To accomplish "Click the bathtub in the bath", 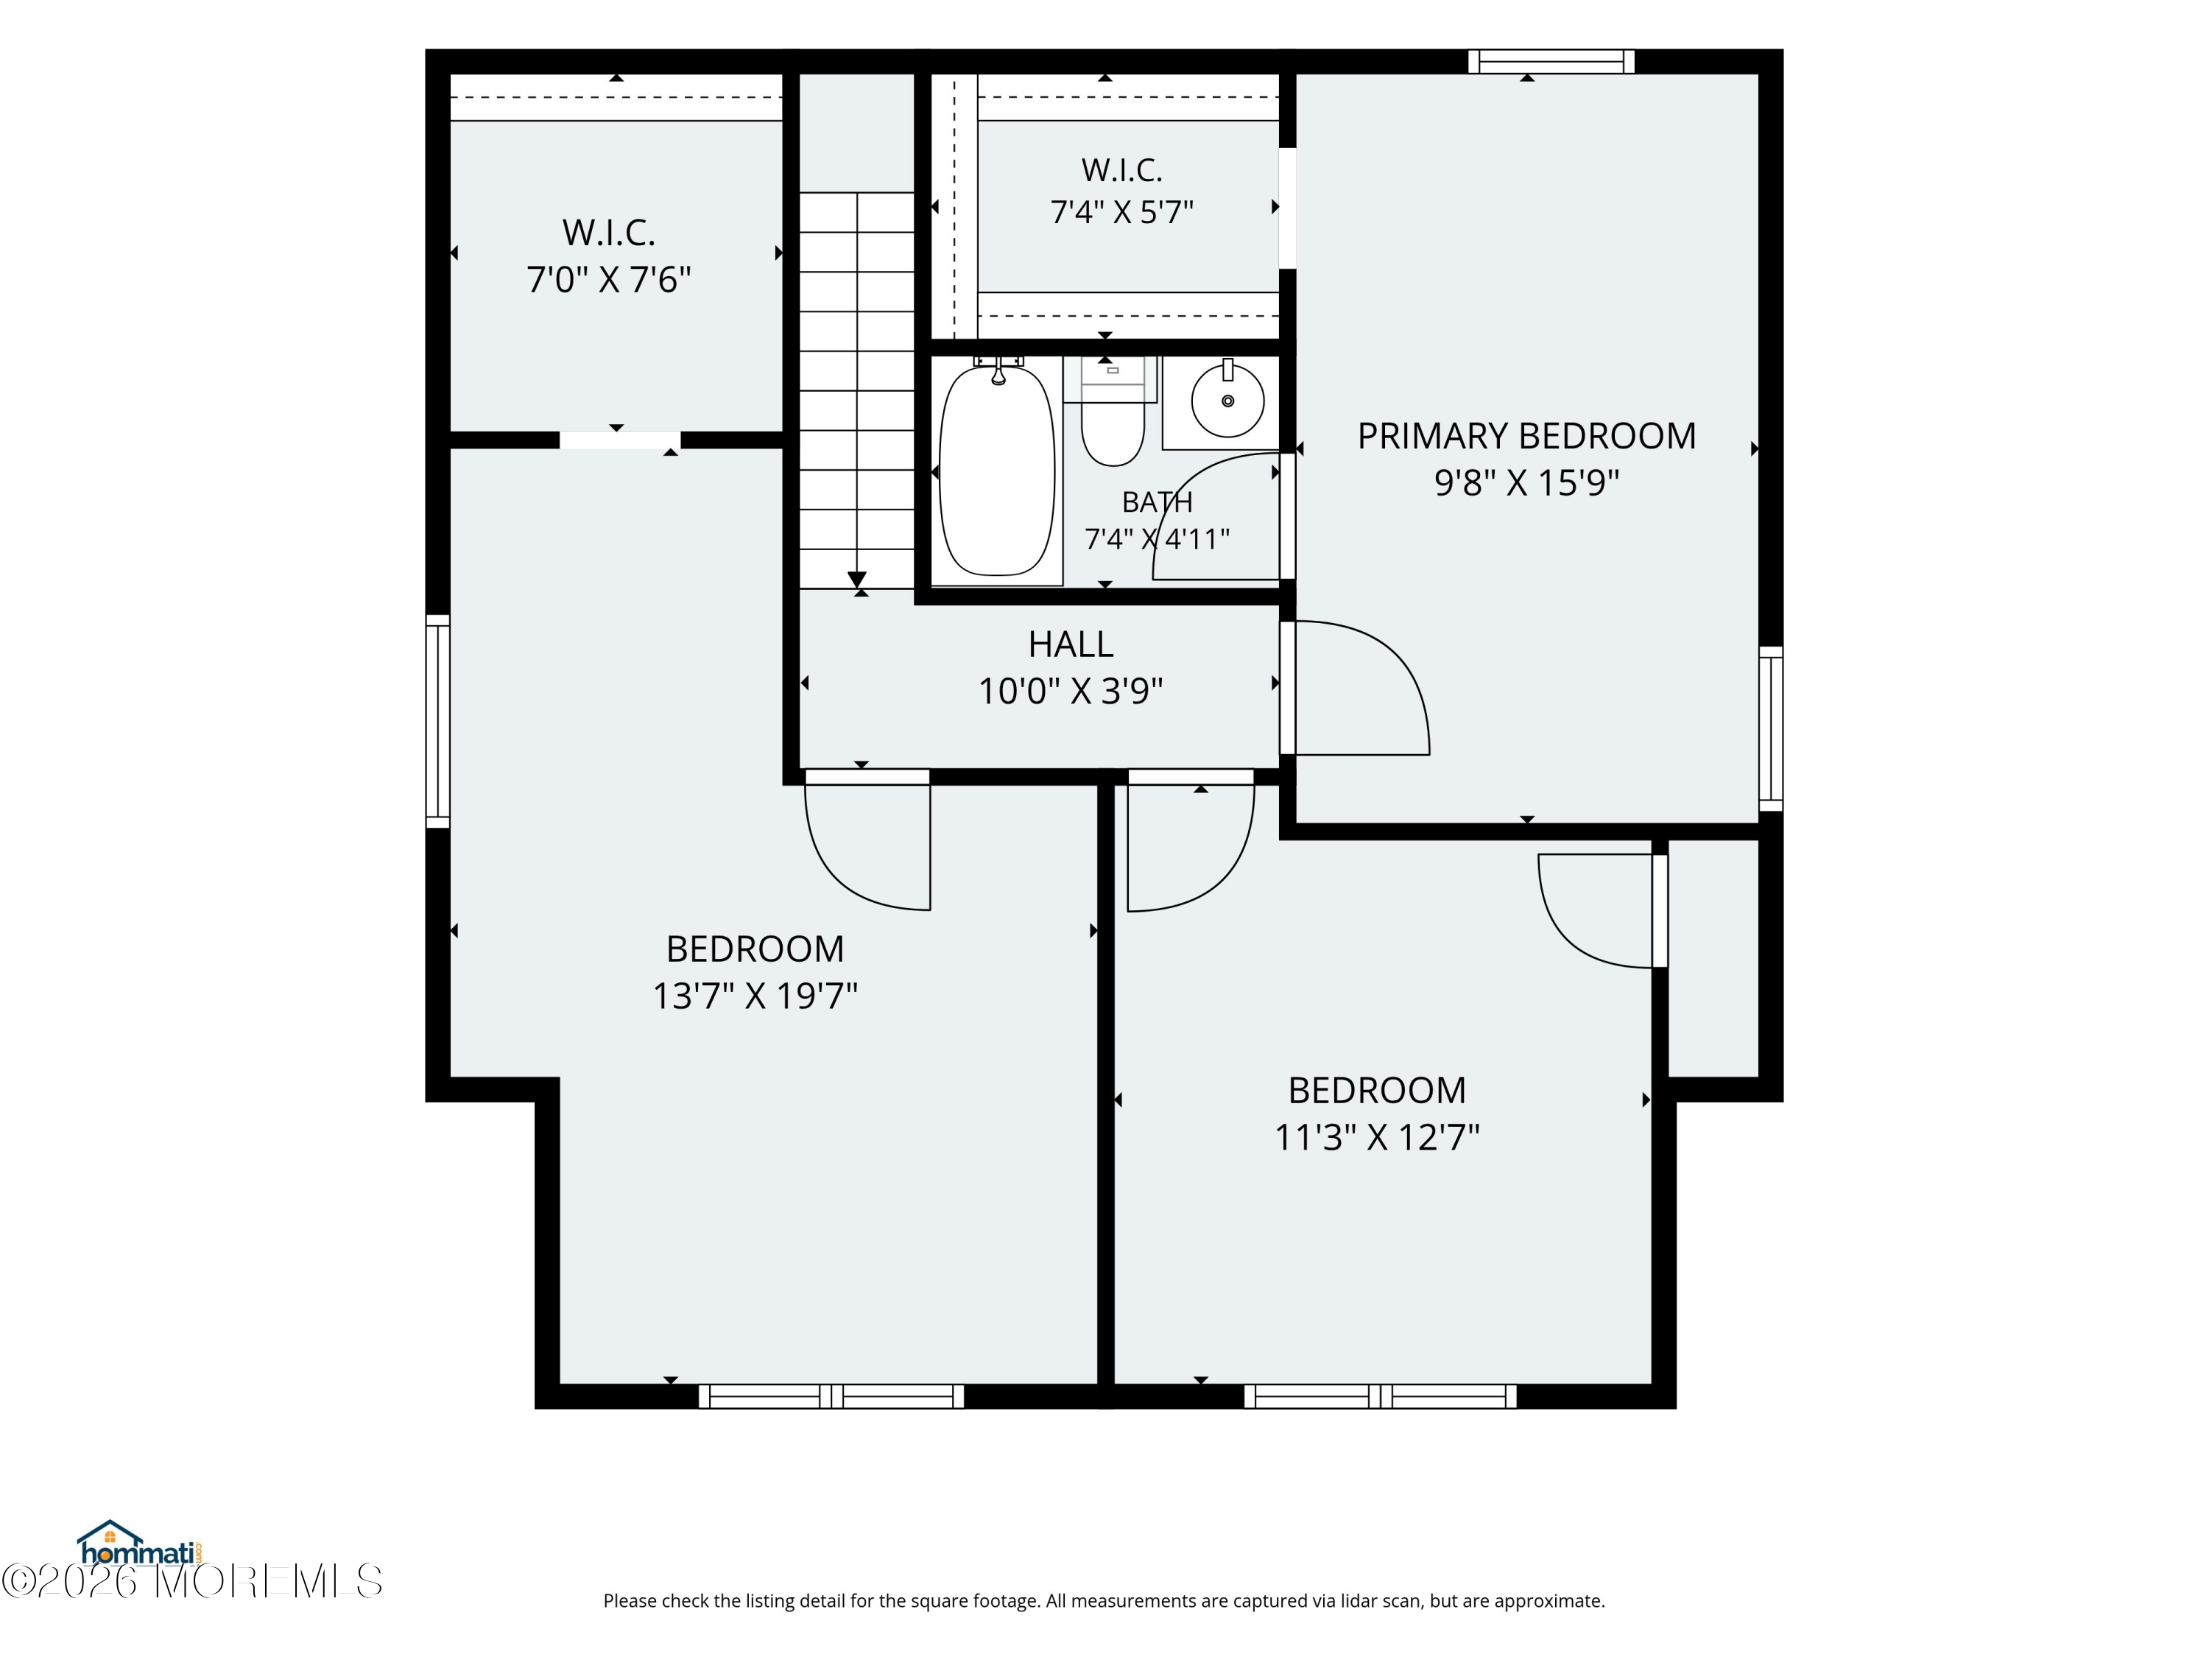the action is [997, 471].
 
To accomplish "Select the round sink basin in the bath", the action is [1227, 401].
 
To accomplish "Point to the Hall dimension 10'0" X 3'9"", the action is [1071, 690].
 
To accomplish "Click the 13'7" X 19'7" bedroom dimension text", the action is [755, 996].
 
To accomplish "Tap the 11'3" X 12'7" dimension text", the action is [1377, 1136].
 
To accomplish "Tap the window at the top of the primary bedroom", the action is [1551, 62].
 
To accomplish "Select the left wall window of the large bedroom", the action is [437, 721].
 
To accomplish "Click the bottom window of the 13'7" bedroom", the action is [831, 1396].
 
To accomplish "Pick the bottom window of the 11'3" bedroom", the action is [1380, 1396].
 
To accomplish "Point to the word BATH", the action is [1157, 502].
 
